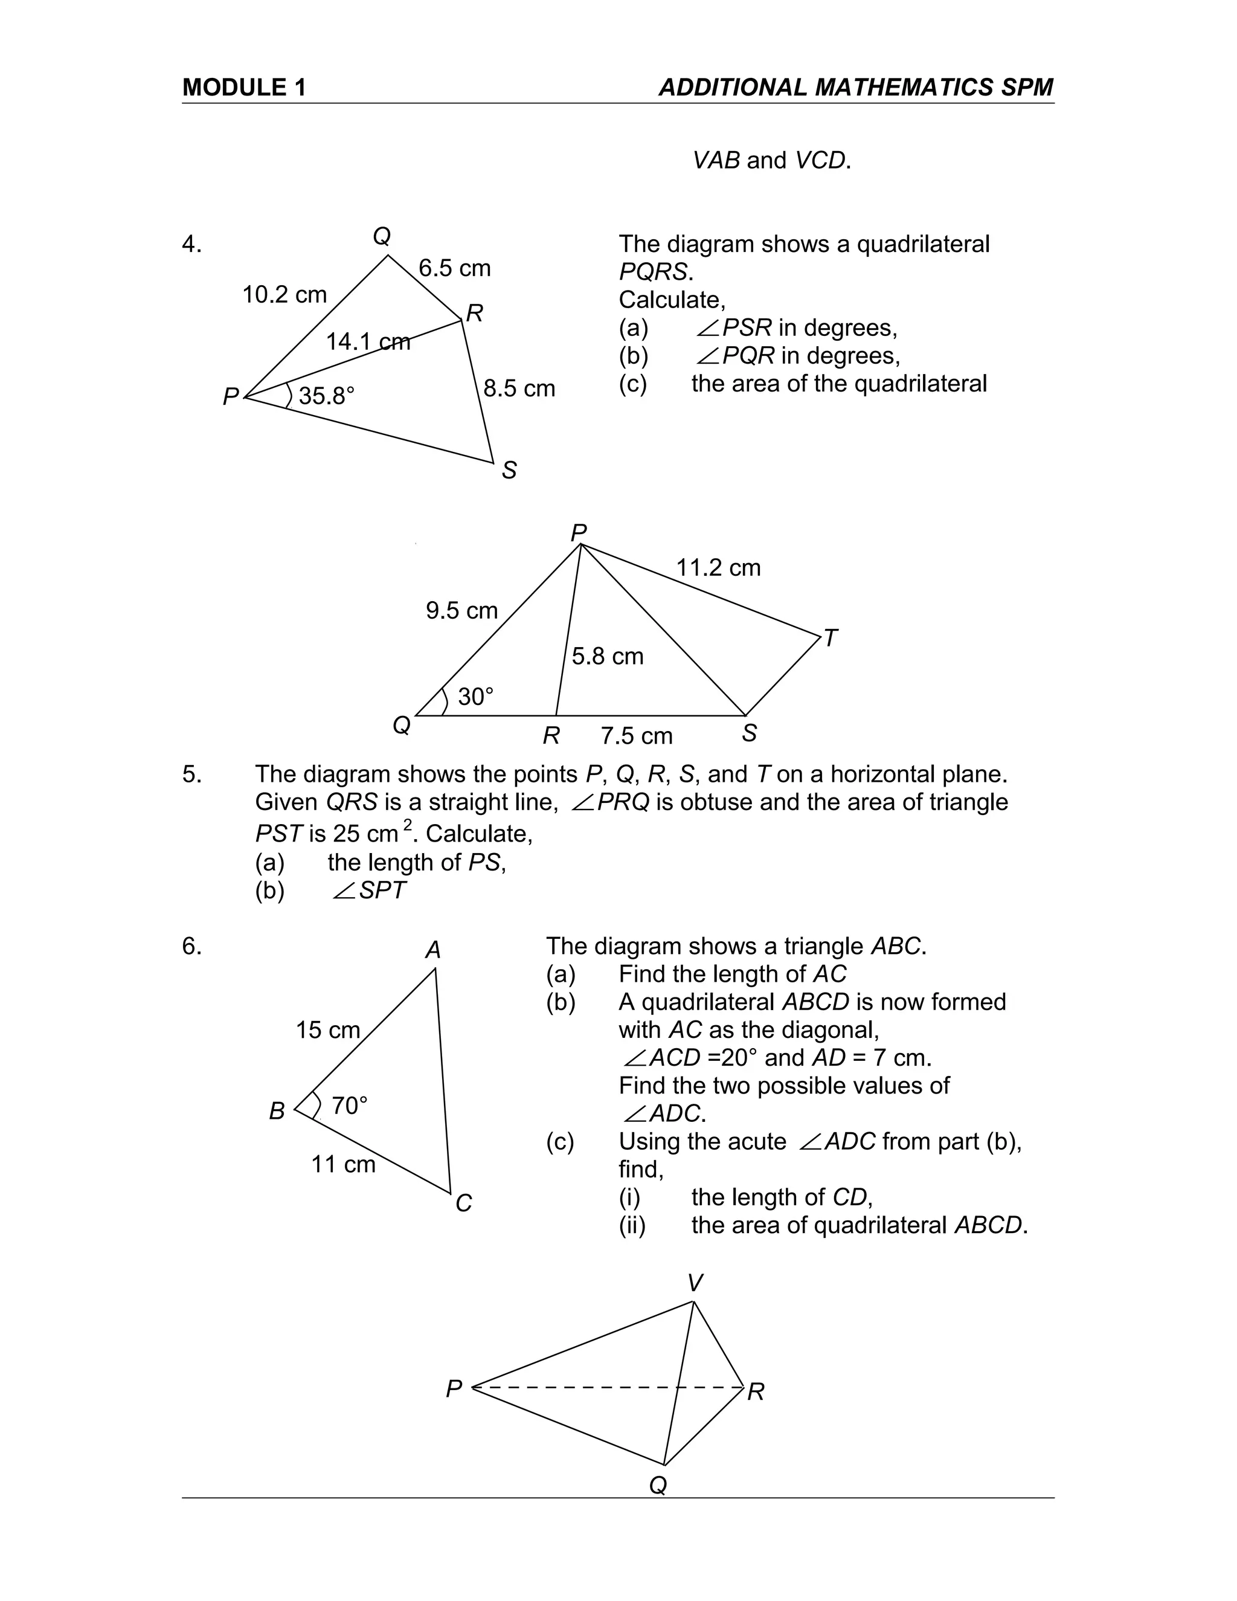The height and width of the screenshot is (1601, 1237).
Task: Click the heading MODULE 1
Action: (243, 88)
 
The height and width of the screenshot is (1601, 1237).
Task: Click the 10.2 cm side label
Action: (284, 295)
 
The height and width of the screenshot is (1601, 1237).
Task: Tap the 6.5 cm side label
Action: (454, 268)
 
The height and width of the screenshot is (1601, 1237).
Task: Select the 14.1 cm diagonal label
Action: (368, 341)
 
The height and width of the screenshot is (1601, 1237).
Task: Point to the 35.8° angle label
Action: (326, 396)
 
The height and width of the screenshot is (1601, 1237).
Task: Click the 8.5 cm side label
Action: (519, 388)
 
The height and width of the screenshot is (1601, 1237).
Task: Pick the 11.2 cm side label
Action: (718, 567)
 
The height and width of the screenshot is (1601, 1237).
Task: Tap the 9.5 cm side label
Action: (461, 611)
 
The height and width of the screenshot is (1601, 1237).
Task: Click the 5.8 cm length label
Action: (608, 656)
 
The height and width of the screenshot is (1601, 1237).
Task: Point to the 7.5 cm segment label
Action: (636, 736)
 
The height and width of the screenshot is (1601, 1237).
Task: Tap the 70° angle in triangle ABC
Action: (349, 1106)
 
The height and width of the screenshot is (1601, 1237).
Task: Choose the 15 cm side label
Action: (327, 1030)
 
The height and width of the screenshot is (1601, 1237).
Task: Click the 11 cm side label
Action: (343, 1164)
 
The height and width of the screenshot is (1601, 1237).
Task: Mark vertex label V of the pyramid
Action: (695, 1283)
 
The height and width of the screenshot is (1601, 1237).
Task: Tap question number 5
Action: (192, 774)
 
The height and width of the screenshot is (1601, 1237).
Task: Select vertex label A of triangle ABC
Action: (433, 950)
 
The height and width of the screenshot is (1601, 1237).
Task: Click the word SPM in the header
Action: (1026, 88)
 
